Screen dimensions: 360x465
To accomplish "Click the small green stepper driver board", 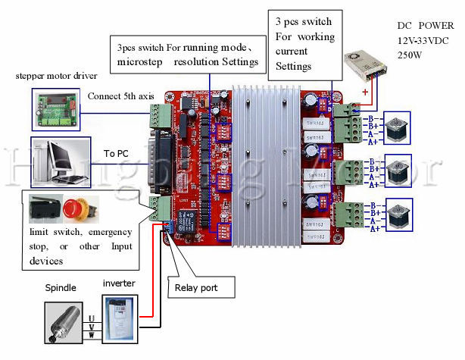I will click(x=55, y=107).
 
